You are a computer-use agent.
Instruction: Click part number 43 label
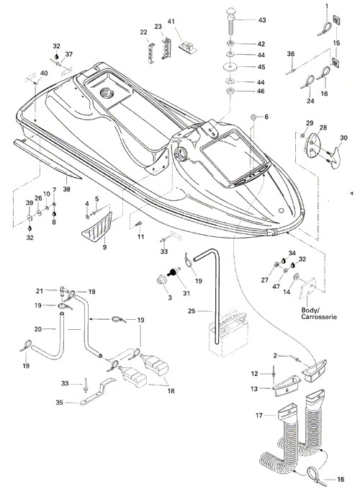[262, 20]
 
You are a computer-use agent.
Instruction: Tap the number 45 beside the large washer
[261, 67]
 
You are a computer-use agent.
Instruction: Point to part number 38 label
[66, 189]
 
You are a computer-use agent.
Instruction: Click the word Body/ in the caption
[310, 310]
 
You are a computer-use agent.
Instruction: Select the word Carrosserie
[319, 317]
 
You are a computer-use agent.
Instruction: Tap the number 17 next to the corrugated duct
[259, 416]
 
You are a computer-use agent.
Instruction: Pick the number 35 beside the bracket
[59, 402]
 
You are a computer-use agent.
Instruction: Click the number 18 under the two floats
[171, 391]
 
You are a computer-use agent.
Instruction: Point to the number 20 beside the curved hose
[38, 328]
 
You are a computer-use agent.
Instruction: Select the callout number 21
[39, 291]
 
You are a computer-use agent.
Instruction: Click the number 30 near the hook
[343, 138]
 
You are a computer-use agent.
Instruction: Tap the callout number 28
[323, 128]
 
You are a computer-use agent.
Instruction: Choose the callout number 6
[266, 117]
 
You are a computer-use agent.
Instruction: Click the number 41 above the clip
[171, 22]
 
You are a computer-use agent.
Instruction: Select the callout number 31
[186, 293]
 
